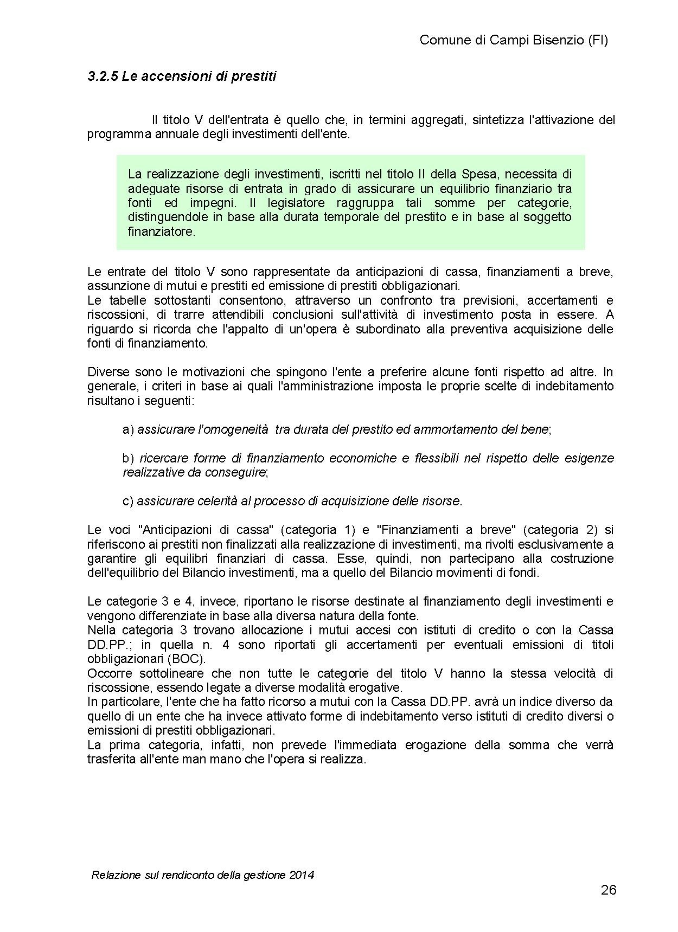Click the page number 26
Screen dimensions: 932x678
(x=609, y=890)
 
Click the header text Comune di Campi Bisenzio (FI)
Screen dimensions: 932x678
(x=514, y=40)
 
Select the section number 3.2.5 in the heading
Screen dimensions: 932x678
(x=102, y=76)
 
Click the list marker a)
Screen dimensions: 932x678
(x=128, y=429)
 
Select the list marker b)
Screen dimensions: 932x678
(x=128, y=458)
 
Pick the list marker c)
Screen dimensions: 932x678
(x=128, y=501)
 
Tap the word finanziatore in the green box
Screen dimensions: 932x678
(x=161, y=232)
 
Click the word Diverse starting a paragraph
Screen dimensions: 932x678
(x=108, y=372)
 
